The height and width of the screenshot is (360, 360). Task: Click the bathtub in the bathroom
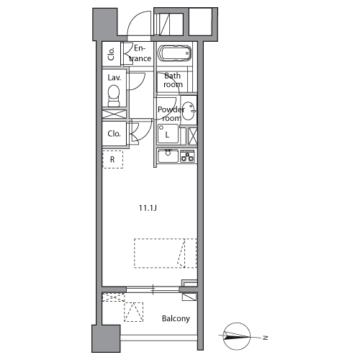click(x=174, y=53)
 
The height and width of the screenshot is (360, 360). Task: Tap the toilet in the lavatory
click(x=114, y=96)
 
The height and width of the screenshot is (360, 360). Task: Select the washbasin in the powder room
click(x=189, y=111)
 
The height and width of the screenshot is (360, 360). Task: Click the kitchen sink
click(x=168, y=156)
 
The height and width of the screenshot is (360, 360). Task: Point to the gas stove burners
click(x=187, y=156)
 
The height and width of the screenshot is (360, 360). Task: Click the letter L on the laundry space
click(x=167, y=135)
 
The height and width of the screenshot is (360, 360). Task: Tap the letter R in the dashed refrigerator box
click(x=112, y=159)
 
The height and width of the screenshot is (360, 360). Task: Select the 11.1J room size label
click(x=148, y=208)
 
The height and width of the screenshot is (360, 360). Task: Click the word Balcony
click(x=176, y=318)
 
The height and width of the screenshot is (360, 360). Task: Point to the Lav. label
click(x=114, y=78)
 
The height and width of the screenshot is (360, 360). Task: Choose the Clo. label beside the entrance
click(x=111, y=54)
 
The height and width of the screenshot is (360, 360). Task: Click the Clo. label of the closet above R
click(x=114, y=133)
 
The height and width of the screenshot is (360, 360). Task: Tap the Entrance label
click(x=140, y=53)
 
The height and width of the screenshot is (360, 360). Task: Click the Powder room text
click(x=171, y=114)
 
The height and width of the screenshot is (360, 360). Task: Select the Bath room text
click(x=173, y=80)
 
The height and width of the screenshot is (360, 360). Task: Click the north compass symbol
click(x=237, y=336)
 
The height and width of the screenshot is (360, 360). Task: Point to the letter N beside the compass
click(x=265, y=338)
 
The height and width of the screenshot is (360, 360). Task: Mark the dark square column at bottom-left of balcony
click(x=106, y=338)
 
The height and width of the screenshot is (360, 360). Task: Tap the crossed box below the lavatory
click(x=114, y=114)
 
